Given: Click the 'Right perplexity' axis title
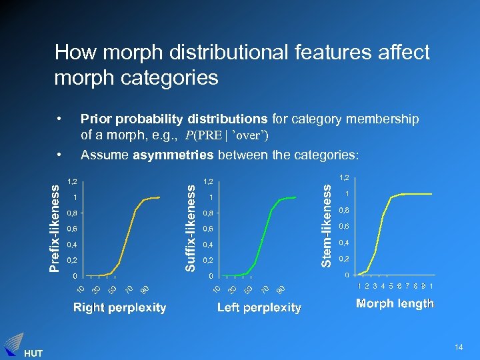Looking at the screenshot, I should (x=119, y=307).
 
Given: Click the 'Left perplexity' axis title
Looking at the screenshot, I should (x=259, y=307).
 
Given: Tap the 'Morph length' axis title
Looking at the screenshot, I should (x=395, y=304).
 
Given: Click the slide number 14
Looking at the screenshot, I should (x=458, y=347).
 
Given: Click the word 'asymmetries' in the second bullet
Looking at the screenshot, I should (x=167, y=155).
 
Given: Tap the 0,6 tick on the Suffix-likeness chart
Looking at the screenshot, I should (x=209, y=229).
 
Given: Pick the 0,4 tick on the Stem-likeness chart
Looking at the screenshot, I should (x=345, y=242).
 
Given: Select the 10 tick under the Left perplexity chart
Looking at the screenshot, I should (x=216, y=289).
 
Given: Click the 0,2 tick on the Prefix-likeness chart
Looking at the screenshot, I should (x=72, y=260).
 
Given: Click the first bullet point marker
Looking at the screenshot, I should (x=60, y=119).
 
